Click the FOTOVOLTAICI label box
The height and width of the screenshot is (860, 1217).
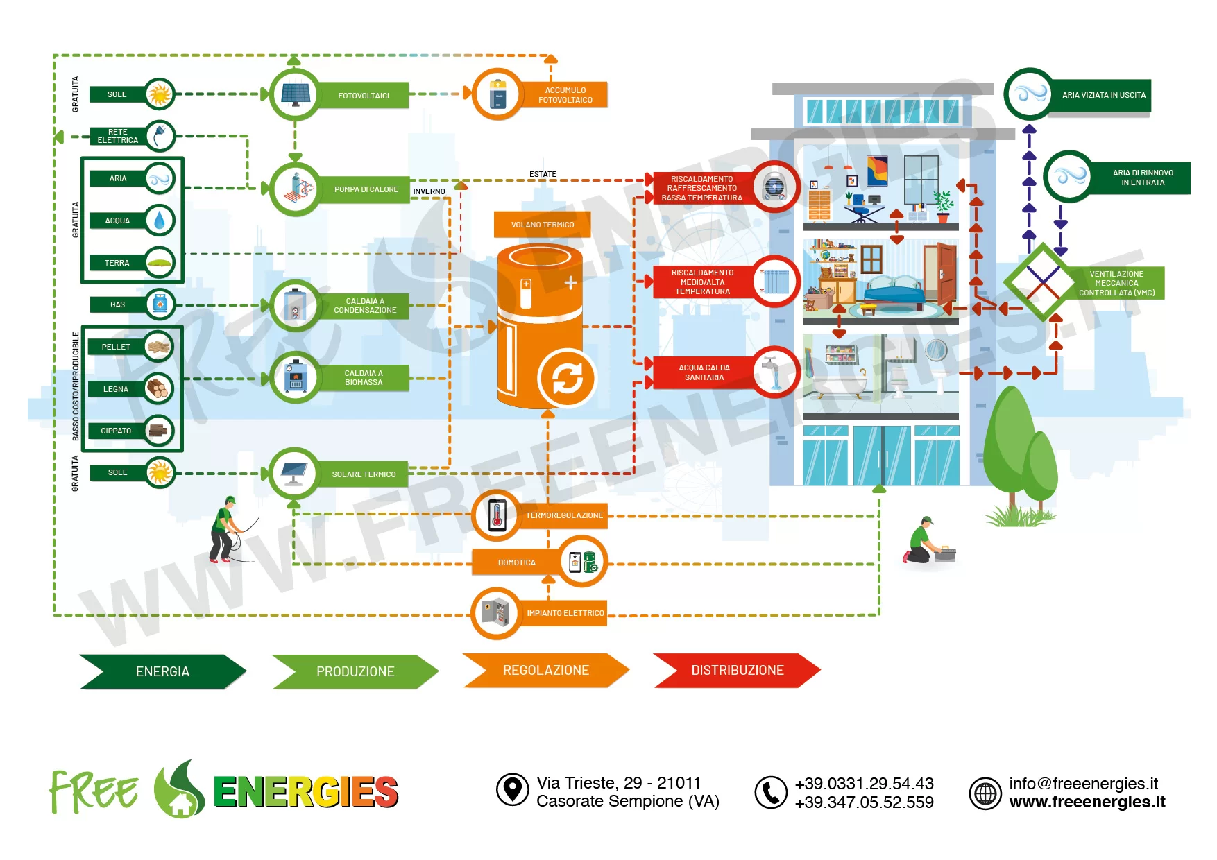click(364, 96)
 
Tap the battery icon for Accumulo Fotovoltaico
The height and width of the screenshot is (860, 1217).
click(497, 94)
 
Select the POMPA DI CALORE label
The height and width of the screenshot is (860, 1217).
click(366, 189)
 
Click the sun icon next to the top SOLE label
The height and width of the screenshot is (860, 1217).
click(160, 94)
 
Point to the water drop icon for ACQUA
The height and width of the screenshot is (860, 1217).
click(160, 221)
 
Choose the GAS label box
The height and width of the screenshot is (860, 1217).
click(118, 304)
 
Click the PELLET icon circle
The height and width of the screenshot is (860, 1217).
click(159, 347)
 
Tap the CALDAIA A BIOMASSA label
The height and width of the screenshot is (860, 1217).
click(364, 378)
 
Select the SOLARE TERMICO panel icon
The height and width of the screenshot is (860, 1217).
click(294, 474)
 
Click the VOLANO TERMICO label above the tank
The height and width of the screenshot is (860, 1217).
click(543, 225)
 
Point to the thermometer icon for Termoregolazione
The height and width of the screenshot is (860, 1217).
click(497, 515)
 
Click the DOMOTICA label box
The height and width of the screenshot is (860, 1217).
click(517, 562)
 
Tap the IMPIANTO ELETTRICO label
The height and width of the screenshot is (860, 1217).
click(565, 613)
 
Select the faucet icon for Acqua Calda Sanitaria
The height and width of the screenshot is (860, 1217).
click(774, 372)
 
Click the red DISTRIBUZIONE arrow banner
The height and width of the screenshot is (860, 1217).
click(737, 671)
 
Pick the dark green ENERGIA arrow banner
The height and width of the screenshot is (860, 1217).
click(162, 671)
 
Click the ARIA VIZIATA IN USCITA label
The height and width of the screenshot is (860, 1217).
click(1103, 95)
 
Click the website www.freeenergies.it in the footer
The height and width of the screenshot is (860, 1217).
click(1087, 802)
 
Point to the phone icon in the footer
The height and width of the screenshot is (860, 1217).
click(771, 792)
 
